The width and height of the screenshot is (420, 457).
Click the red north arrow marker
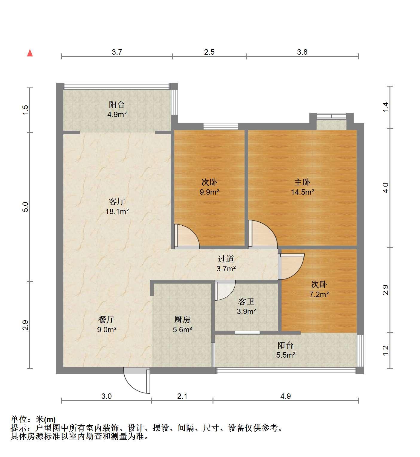click(30, 53)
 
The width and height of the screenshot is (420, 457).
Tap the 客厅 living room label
click(117, 201)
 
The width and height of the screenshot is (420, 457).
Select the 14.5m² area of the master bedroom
click(302, 192)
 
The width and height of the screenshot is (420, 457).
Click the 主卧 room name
click(302, 182)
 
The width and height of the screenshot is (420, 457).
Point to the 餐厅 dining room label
click(106, 320)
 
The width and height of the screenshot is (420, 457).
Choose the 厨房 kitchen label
click(182, 320)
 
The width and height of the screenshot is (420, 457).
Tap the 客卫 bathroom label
click(246, 301)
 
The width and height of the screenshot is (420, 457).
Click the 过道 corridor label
click(226, 259)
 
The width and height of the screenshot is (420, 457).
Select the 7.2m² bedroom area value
click(319, 294)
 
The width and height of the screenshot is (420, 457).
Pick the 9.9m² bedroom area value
click(209, 192)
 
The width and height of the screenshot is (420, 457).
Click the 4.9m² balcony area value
click(117, 114)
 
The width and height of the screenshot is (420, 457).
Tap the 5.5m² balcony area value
click(285, 355)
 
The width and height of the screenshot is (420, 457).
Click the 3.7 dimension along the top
click(117, 52)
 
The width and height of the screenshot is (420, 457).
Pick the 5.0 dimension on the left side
click(25, 207)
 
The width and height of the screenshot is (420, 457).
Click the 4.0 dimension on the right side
click(385, 188)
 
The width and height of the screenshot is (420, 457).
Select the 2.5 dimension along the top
click(209, 52)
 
